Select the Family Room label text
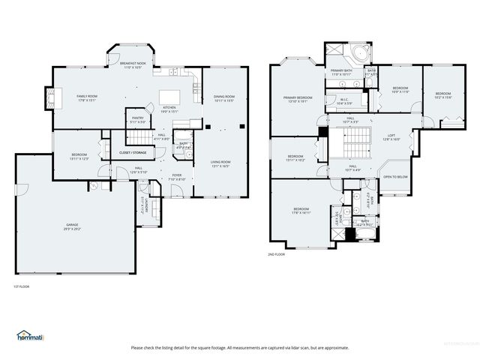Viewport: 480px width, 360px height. pyautogui.click(x=87, y=98)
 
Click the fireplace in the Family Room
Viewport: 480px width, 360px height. pyautogui.click(x=50, y=97)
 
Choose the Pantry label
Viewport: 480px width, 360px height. pyautogui.click(x=138, y=119)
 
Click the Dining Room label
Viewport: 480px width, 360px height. pyautogui.click(x=224, y=98)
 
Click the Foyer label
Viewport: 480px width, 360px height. pyautogui.click(x=177, y=177)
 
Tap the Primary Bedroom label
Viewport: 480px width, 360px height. pyautogui.click(x=298, y=100)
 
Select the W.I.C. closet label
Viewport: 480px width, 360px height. pyautogui.click(x=344, y=101)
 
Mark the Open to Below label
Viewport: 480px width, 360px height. pyautogui.click(x=395, y=177)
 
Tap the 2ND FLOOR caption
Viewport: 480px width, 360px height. pyautogui.click(x=277, y=255)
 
